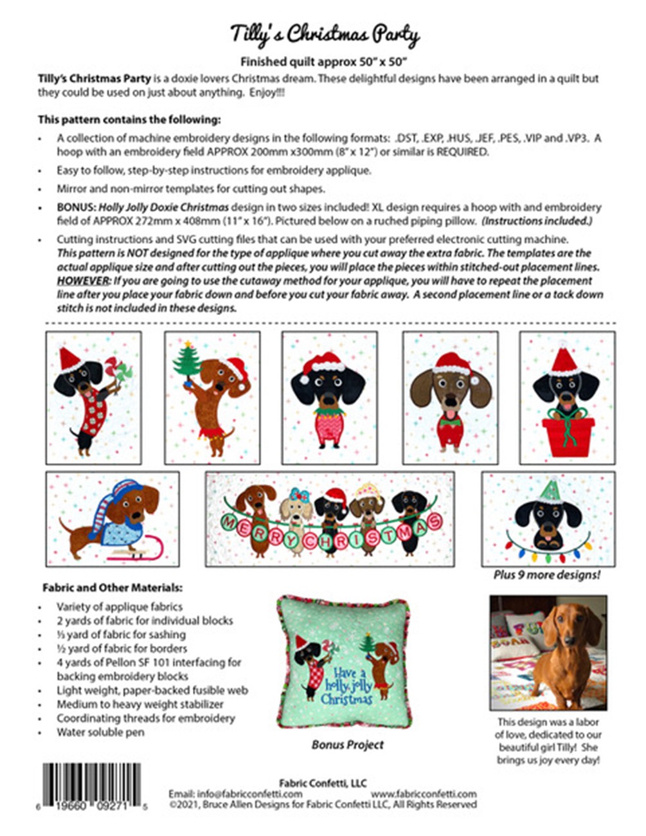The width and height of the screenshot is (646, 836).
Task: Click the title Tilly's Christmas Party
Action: (325, 34)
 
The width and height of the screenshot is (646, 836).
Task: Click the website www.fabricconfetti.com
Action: (424, 794)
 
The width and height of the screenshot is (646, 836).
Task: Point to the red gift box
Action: (568, 437)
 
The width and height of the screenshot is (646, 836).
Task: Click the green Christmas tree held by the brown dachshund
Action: (187, 365)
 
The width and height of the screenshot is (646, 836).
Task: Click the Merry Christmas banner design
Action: (330, 520)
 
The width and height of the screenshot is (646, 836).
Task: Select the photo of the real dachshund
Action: (548, 652)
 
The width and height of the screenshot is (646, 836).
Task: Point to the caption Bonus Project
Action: (347, 745)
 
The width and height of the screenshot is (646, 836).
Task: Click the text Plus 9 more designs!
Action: (546, 575)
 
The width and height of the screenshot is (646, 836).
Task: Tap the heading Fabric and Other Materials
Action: (112, 587)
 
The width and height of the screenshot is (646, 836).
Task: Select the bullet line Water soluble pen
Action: (100, 732)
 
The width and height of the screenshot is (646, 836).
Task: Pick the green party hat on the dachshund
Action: (550, 491)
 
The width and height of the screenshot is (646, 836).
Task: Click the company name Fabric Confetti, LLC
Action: (323, 783)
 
